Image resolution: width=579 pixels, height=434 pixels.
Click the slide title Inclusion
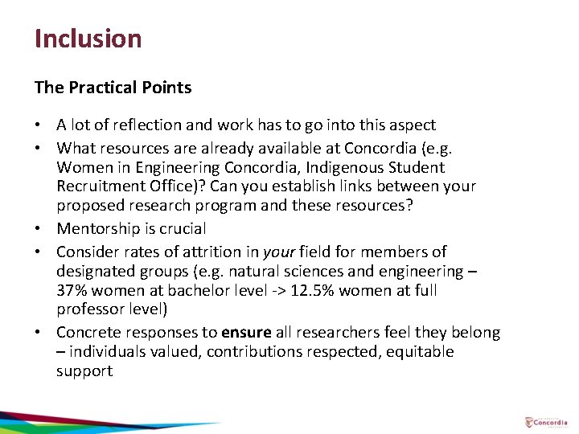[x=88, y=39]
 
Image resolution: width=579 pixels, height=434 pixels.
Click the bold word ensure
[x=246, y=332]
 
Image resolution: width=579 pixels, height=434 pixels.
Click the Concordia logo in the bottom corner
[x=546, y=422]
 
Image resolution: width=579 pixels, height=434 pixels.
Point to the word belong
[x=475, y=332]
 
